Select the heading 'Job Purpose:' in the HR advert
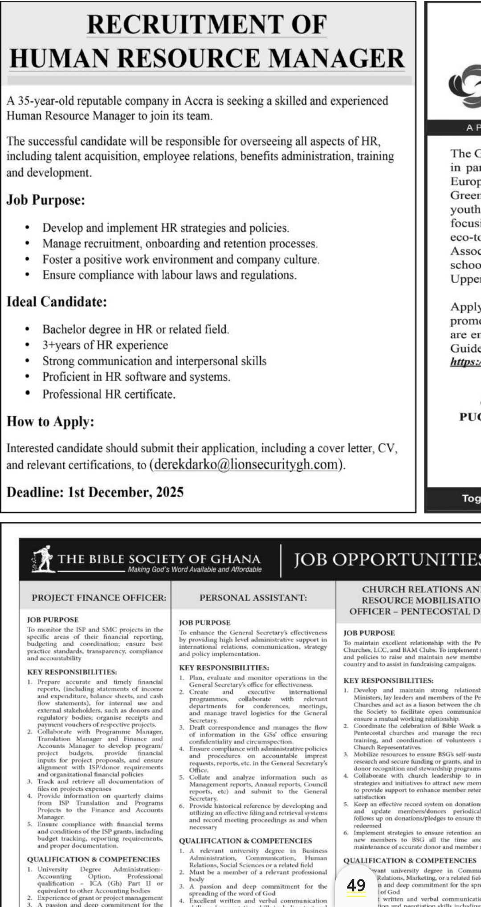pos(45,200)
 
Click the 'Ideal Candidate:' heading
pos(57,302)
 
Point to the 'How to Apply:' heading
pos(50,421)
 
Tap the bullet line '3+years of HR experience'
pos(105,345)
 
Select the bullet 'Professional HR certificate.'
pos(109,394)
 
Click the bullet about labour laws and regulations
pos(169,275)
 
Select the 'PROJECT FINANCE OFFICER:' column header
pos(93,598)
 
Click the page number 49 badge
pos(356,885)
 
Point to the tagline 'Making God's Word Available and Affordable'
pos(195,569)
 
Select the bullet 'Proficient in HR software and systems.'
pos(136,377)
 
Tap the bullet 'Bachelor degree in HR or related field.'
pos(135,329)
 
